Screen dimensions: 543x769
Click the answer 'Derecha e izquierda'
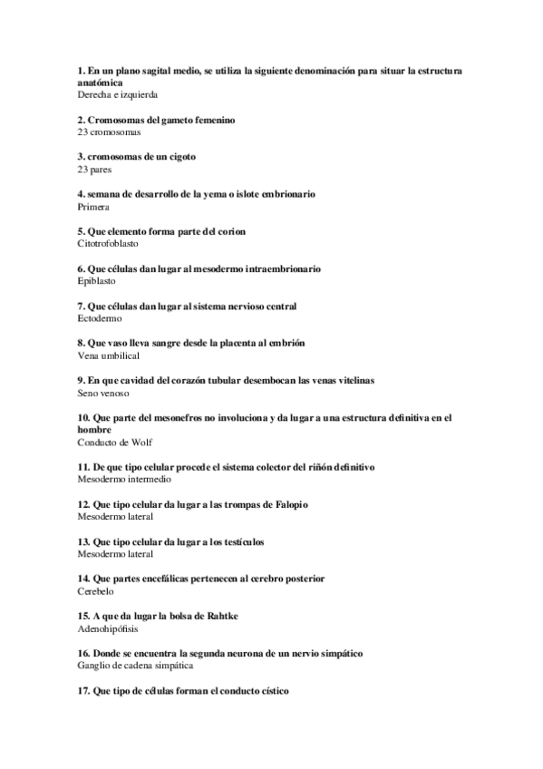click(118, 94)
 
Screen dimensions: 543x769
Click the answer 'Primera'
click(94, 207)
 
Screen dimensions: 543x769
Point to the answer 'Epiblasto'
click(97, 281)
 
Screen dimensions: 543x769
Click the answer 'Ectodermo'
click(100, 318)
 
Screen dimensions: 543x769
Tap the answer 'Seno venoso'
click(103, 394)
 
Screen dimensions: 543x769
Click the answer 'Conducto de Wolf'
click(115, 443)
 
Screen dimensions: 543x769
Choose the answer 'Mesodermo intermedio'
click(124, 480)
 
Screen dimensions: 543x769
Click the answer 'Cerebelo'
click(96, 591)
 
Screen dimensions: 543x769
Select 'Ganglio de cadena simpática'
click(135, 666)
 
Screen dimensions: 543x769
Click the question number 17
click(83, 691)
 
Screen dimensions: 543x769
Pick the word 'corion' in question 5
click(231, 231)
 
